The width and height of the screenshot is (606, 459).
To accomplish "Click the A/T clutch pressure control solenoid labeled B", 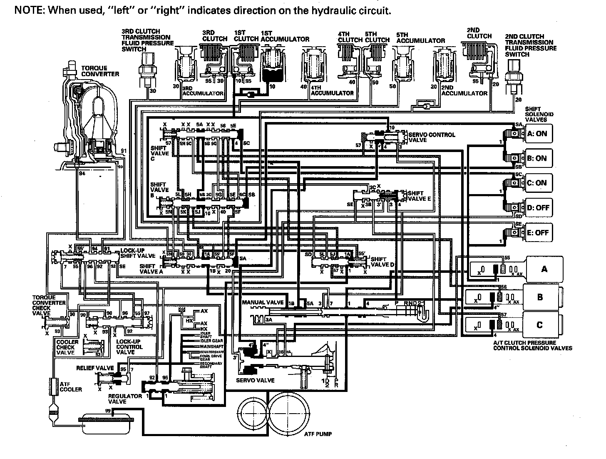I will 540,297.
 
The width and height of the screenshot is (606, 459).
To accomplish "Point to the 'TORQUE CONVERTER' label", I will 100,71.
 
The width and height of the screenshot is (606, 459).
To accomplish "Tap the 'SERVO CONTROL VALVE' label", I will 432,137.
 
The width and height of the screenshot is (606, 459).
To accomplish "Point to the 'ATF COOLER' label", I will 71,387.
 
